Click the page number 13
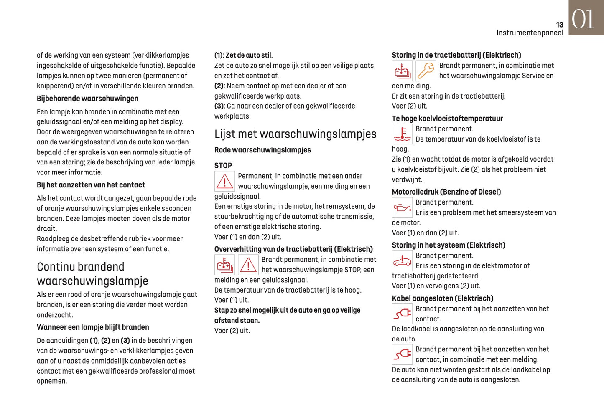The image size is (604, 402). [559, 25]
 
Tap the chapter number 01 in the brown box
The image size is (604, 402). [583, 19]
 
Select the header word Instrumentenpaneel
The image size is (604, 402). [530, 33]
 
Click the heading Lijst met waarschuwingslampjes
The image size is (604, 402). [295, 134]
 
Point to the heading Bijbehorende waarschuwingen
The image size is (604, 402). [87, 99]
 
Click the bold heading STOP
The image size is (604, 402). [223, 166]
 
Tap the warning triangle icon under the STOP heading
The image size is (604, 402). [224, 182]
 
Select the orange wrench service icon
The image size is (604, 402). [426, 71]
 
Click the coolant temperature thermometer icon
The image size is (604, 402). [402, 134]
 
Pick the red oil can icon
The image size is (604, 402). [402, 207]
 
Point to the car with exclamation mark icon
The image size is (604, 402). [402, 261]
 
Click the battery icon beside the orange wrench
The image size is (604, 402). [402, 71]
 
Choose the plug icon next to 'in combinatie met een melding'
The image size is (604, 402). [402, 354]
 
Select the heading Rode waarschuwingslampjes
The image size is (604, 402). [262, 150]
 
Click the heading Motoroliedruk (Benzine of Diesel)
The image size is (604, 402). [446, 192]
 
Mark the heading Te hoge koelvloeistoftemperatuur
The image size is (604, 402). [447, 119]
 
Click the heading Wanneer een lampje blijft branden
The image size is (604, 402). [93, 327]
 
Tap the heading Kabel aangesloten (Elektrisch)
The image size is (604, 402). [442, 298]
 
